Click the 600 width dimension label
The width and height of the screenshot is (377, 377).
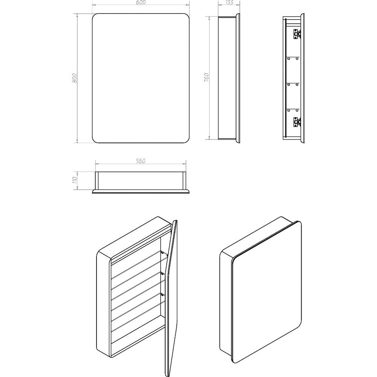click(141, 2)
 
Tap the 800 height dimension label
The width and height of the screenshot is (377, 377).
click(74, 78)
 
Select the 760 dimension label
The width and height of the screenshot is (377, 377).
click(206, 77)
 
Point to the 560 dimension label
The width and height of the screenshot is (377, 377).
click(140, 161)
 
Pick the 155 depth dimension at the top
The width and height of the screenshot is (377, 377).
click(229, 2)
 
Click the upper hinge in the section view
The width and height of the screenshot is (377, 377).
click(297, 34)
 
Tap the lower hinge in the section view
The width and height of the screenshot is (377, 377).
click(297, 123)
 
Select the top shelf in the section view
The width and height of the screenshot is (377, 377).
click(293, 57)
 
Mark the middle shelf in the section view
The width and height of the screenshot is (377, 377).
click(293, 83)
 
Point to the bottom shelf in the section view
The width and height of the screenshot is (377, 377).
click(293, 109)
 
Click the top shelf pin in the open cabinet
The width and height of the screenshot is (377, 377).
click(162, 252)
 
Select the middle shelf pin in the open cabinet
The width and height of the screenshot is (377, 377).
click(162, 273)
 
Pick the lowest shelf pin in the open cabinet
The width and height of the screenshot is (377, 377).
click(162, 294)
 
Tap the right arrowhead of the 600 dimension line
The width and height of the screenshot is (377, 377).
click(188, 5)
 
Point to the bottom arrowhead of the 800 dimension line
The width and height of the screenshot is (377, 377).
click(77, 141)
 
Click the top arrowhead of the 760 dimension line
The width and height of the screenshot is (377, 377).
click(209, 18)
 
